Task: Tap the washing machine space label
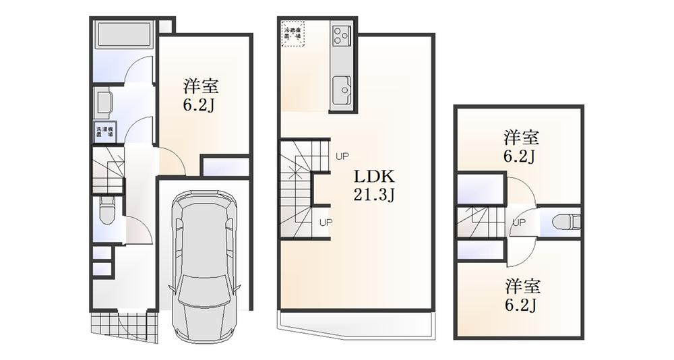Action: coord(105,132)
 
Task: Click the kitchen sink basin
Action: coord(342,88)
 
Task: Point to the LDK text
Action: coord(374,177)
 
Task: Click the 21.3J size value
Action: coord(374,196)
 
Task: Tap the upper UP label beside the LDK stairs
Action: coord(342,156)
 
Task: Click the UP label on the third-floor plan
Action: coord(519,222)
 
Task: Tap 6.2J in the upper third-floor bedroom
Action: coord(521,157)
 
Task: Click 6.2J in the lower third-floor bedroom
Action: coord(521,305)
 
